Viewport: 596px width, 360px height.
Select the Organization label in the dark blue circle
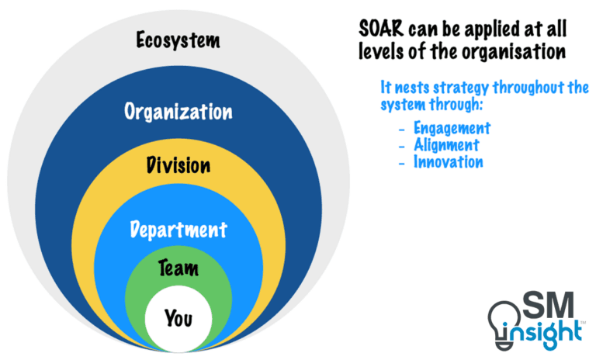point(178,112)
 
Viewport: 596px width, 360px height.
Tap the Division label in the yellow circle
point(178,166)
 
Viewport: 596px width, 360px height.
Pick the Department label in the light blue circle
point(178,230)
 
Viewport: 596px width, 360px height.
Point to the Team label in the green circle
point(178,269)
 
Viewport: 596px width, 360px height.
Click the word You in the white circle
point(178,317)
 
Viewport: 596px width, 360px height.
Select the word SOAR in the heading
point(380,30)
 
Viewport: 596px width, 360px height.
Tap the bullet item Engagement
point(452,128)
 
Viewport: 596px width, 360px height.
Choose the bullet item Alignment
point(446,145)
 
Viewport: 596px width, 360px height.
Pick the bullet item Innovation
point(448,162)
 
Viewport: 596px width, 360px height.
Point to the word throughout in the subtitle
point(529,87)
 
